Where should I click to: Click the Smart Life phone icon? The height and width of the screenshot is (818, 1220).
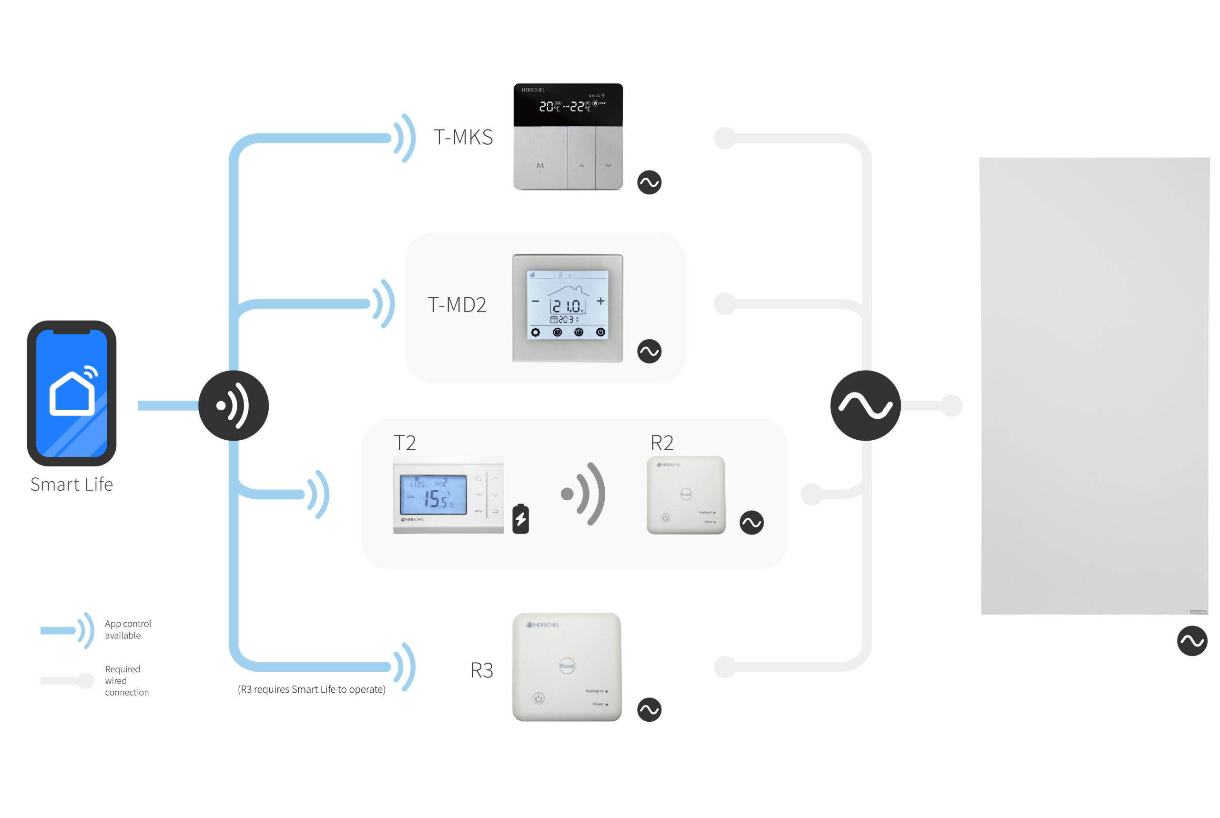(71, 393)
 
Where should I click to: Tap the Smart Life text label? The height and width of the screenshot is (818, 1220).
(71, 485)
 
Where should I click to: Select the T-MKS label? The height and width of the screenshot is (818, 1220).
(463, 137)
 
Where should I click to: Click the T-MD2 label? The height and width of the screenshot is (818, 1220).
(457, 304)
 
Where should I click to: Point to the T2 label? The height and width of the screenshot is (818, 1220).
(405, 443)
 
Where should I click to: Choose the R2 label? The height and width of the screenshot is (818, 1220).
(661, 443)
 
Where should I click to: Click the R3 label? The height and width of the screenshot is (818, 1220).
(481, 670)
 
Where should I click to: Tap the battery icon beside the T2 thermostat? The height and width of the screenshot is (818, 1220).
(520, 519)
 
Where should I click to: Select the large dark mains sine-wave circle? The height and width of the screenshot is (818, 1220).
(865, 405)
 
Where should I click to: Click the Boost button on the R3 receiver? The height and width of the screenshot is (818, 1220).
(567, 666)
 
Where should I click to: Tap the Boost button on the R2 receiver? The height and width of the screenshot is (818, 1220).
(686, 494)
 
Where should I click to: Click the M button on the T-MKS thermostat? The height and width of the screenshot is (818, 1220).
(540, 166)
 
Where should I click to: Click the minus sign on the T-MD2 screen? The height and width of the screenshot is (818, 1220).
(535, 301)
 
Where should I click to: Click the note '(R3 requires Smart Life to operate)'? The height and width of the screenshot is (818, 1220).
(312, 689)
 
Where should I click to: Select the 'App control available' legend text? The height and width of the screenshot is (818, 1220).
(128, 630)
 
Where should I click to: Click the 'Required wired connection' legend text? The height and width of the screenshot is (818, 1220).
(126, 680)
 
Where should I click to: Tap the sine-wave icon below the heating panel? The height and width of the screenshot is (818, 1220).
(1192, 641)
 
